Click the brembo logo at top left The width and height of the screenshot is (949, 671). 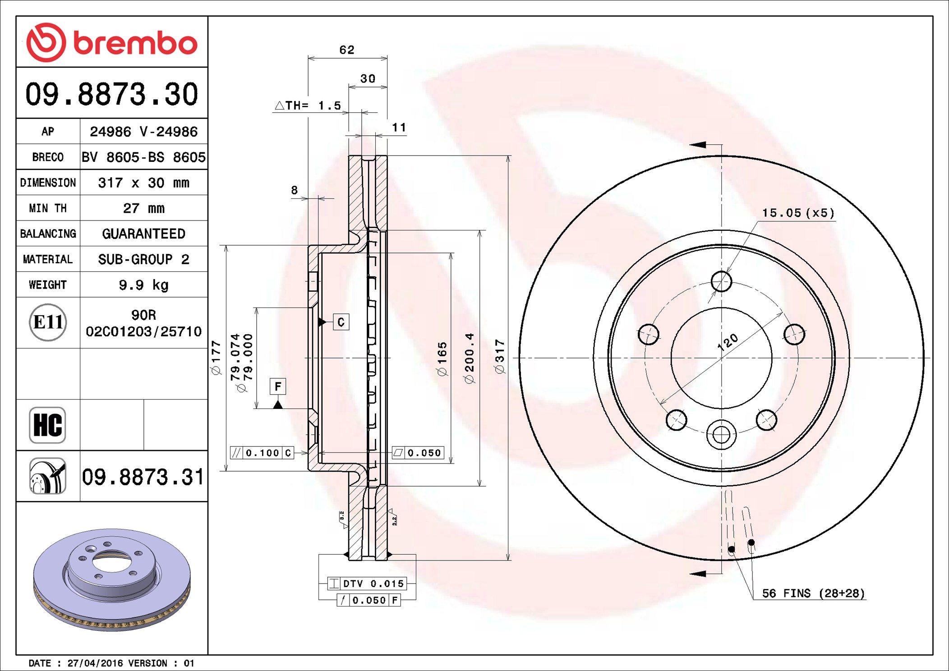point(111,42)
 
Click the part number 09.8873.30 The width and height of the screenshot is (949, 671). point(111,94)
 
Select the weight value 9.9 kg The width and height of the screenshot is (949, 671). point(143,285)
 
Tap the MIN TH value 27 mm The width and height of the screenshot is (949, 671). point(143,208)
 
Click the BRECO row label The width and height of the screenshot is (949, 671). point(48,157)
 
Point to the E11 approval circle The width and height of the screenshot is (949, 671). point(48,322)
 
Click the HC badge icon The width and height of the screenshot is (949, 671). point(47,425)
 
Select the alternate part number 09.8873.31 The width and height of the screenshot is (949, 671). point(143,477)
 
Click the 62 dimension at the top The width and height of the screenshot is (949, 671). point(347,50)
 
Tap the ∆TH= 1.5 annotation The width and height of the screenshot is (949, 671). point(309,106)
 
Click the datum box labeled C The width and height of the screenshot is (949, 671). point(341,322)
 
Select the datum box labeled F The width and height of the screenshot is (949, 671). point(278,386)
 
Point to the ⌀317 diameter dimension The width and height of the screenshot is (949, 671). point(499,356)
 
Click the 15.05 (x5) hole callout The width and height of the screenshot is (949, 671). point(798,213)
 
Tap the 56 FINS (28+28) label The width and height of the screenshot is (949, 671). point(813,593)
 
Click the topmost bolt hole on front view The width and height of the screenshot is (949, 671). point(721,281)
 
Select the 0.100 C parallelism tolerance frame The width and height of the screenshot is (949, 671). point(262,453)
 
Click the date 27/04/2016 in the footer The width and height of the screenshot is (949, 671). point(95,663)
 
